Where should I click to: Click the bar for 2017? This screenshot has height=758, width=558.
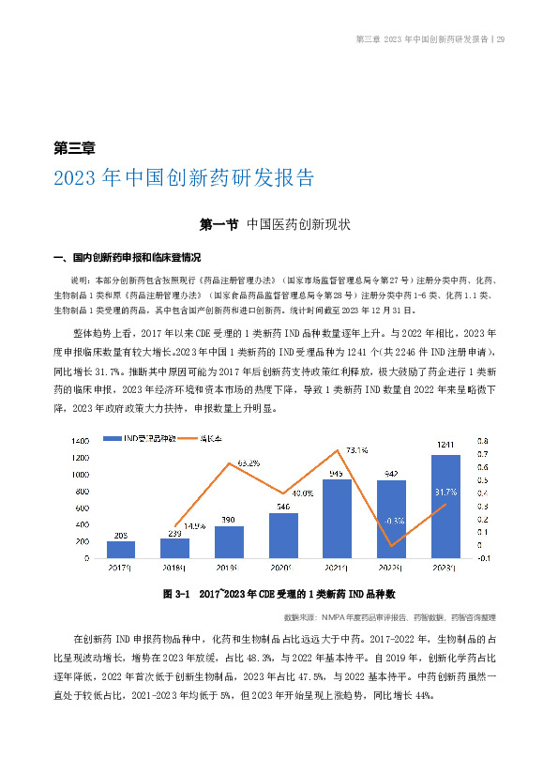121,550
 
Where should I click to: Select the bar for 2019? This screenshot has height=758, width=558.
229,542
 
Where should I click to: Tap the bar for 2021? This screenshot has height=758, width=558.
337,519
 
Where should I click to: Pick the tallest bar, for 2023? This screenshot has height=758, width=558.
445,507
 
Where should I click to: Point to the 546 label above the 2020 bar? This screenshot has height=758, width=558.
283,507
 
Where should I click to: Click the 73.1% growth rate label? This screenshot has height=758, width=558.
356,449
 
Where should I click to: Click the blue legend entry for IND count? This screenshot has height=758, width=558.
150,438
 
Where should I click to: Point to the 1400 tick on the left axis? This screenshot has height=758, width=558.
80,440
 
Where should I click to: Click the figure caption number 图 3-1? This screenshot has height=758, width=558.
176,595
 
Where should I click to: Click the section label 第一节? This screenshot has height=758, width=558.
219,225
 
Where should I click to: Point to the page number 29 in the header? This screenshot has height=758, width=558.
502,39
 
